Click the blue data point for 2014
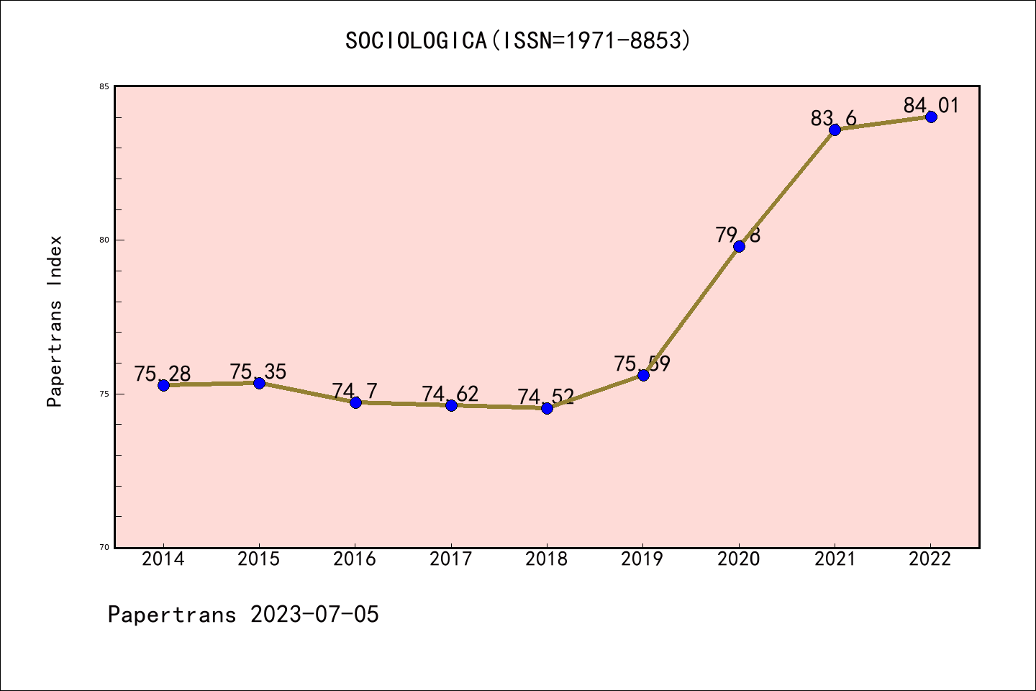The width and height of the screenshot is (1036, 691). click(x=163, y=385)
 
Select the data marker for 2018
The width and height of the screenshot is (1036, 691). click(x=547, y=408)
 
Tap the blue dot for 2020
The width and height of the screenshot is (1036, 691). click(x=739, y=246)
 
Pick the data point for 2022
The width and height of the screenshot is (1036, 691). click(x=931, y=117)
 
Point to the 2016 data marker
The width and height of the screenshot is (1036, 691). click(x=355, y=402)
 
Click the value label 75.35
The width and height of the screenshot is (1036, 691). click(x=258, y=372)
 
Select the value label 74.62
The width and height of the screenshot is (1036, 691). click(x=450, y=394)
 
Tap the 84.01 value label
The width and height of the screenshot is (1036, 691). click(x=932, y=106)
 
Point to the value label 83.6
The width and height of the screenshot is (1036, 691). click(x=834, y=118)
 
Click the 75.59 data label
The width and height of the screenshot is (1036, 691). click(x=642, y=363)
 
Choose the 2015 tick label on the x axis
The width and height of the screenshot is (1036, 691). click(x=259, y=559)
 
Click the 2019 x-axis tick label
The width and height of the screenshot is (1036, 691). click(x=642, y=559)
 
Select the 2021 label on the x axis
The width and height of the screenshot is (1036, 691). click(x=835, y=559)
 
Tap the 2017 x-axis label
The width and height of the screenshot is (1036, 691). click(x=451, y=559)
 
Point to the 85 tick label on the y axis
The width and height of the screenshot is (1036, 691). click(x=104, y=87)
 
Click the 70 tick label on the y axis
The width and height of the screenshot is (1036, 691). click(x=104, y=547)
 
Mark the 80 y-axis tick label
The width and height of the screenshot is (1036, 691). click(x=104, y=240)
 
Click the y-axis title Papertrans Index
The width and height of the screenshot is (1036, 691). click(x=55, y=321)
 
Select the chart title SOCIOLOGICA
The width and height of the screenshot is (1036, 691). click(x=417, y=41)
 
